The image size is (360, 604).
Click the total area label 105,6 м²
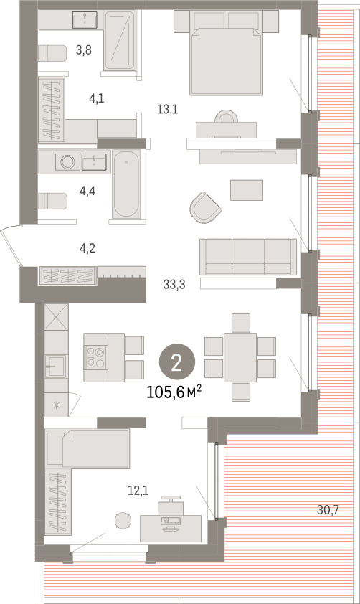coord(174,392)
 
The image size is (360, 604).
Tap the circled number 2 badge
coord(176,362)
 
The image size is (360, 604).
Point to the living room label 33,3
coord(174,285)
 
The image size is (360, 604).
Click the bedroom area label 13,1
coord(168,110)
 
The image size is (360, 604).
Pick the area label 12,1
coord(138,491)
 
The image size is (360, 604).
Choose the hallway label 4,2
coord(87,248)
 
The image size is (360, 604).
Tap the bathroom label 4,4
coord(87,191)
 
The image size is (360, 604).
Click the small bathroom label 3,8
coord(84,49)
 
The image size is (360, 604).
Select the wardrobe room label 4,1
coord(96,98)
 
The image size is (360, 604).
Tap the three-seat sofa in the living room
coord(248,257)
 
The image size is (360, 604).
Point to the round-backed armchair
coord(205,207)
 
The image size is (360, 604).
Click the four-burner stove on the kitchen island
coord(96,357)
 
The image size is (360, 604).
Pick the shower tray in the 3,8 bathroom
coord(120,40)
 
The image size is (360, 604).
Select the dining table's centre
coord(240,357)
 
